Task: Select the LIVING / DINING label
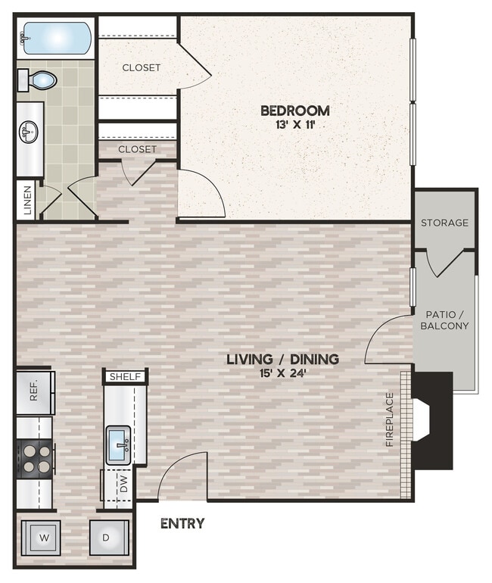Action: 282,359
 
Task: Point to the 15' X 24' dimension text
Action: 282,373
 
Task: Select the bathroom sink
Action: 30,132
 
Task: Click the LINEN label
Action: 27,200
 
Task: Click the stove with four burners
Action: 35,457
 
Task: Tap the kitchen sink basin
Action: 119,444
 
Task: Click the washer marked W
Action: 44,538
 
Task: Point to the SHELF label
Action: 126,376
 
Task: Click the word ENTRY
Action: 182,523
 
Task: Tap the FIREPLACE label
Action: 390,419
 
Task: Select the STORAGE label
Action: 444,223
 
